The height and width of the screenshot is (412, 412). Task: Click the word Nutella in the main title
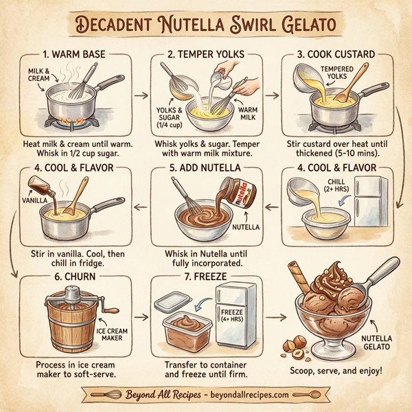(205, 25)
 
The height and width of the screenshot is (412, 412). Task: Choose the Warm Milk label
(249, 113)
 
